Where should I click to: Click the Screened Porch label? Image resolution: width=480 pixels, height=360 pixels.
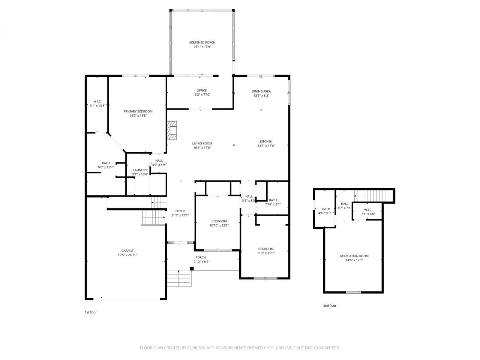click(x=202, y=43)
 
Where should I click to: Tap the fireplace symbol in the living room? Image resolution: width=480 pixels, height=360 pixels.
click(x=172, y=130)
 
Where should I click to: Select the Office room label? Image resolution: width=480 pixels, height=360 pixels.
click(x=202, y=90)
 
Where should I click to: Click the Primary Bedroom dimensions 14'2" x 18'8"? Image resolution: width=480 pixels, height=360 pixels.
click(x=138, y=116)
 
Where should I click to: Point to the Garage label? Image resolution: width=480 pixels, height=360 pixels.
click(x=127, y=251)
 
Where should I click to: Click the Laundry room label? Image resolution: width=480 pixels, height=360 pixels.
click(x=140, y=170)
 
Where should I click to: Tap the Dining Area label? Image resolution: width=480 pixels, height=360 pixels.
click(x=261, y=91)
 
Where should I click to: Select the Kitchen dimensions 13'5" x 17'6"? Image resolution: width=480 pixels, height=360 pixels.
click(x=266, y=146)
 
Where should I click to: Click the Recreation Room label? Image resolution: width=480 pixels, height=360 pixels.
click(x=354, y=256)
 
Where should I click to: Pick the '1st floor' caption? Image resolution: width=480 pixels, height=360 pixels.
click(x=90, y=312)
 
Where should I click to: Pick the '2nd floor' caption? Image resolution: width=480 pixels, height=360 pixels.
click(x=330, y=306)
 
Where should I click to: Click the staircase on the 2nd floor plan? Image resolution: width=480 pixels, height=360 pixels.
click(x=373, y=195)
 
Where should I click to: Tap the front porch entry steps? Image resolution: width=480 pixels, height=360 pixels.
click(x=179, y=279)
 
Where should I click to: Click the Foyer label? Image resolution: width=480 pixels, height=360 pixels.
click(x=180, y=211)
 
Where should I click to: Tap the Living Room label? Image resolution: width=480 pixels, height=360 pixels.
click(x=202, y=143)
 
